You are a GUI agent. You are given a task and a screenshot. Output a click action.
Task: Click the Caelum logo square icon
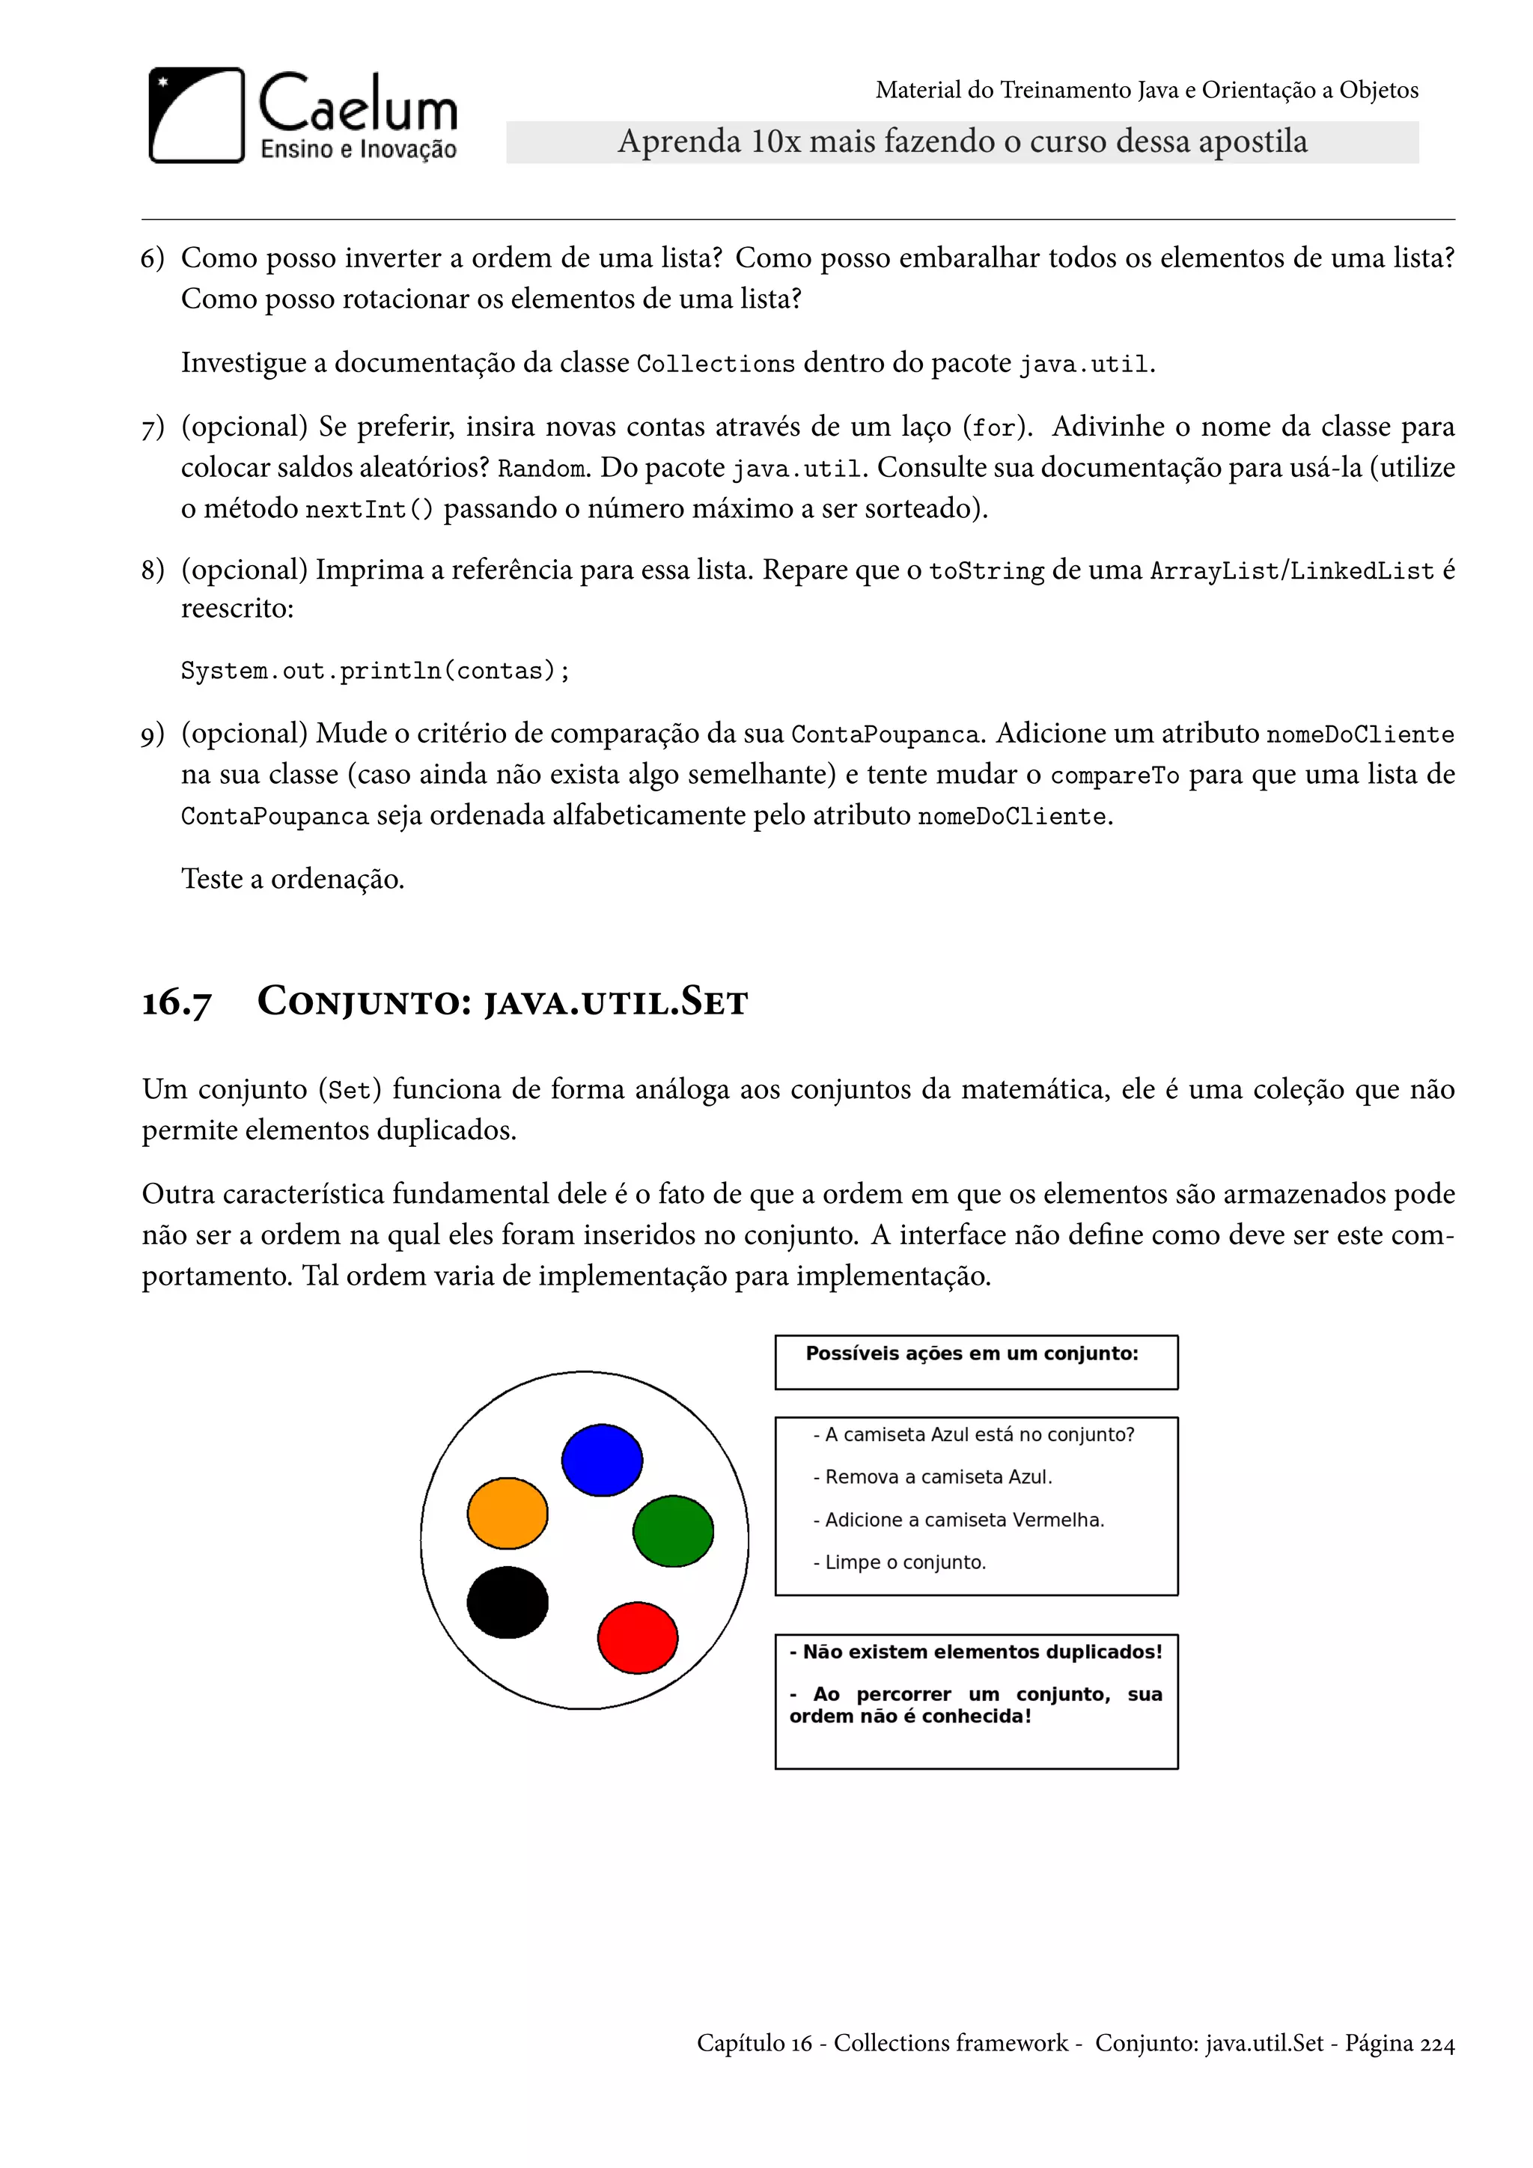tap(196, 115)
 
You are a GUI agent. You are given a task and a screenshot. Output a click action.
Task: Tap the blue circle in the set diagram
tap(603, 1460)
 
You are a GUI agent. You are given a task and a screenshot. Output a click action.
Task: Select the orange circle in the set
tap(508, 1514)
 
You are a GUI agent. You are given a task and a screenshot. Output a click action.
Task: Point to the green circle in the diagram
tap(673, 1531)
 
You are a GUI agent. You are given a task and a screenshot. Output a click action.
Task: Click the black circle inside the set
tap(508, 1602)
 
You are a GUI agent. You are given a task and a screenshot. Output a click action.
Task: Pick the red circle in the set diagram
tap(638, 1637)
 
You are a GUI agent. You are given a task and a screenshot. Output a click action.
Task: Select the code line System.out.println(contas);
tap(375, 671)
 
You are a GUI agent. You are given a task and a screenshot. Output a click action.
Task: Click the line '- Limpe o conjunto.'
tap(900, 1562)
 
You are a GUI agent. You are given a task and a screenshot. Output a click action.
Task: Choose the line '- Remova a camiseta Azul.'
tap(933, 1477)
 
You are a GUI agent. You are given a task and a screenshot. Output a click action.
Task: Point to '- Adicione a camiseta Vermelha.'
tap(958, 1520)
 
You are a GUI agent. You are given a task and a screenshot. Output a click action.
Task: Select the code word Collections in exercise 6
tap(716, 365)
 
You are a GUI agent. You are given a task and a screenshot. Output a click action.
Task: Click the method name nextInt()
tap(369, 510)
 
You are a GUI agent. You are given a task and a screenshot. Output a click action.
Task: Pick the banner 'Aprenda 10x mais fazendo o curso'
tap(962, 141)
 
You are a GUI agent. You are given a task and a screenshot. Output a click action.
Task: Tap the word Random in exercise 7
tap(542, 469)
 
